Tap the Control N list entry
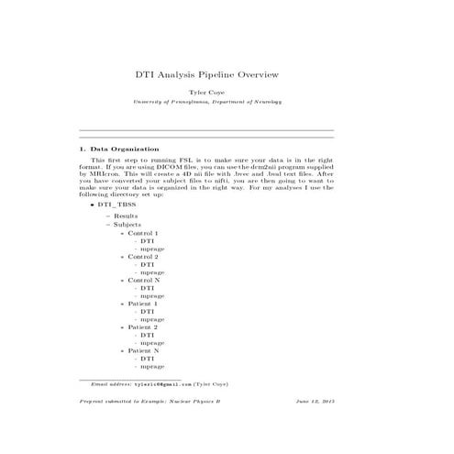143,280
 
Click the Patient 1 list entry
142,304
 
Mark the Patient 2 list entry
142,327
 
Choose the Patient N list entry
143,350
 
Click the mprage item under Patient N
151,367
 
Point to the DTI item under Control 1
147,241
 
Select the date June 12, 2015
315,403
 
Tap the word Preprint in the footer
94,403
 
